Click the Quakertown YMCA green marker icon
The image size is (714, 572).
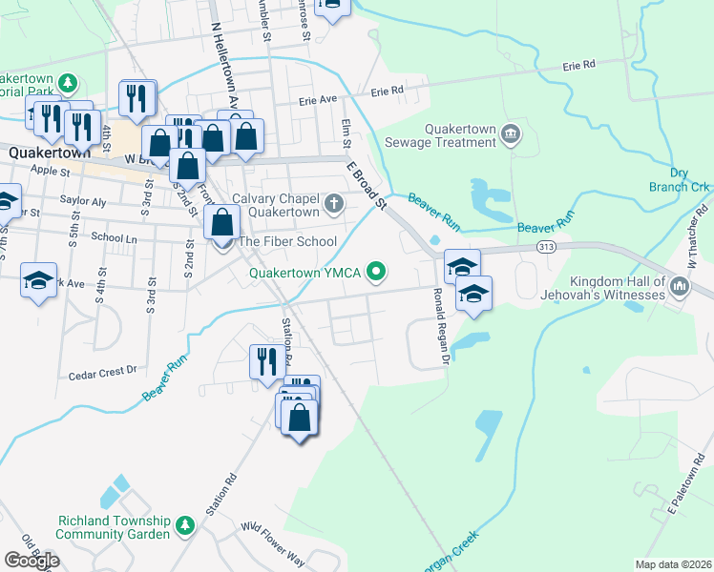(x=377, y=273)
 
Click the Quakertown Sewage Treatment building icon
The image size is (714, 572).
(x=511, y=134)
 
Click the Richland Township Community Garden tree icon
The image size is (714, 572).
(x=184, y=525)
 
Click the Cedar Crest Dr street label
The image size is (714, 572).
(x=103, y=375)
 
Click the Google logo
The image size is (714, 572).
(x=31, y=561)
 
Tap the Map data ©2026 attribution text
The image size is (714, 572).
(x=673, y=564)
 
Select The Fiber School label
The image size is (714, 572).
(x=287, y=241)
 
